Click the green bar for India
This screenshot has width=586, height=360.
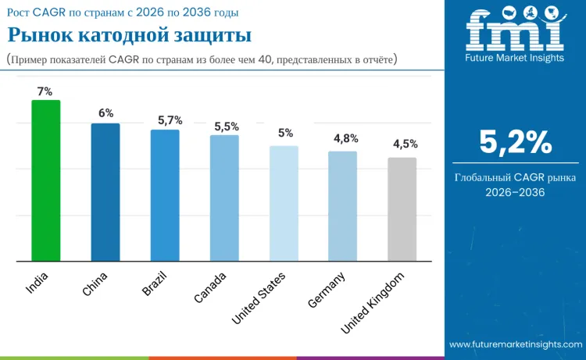coord(45,180)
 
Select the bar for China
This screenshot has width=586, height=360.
coord(105,192)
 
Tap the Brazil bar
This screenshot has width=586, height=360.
coord(165,195)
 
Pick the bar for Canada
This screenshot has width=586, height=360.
coord(224,198)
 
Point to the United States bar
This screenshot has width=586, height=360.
coord(284,203)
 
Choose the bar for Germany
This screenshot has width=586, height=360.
coord(343,206)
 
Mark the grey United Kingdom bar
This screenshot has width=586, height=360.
coord(402,209)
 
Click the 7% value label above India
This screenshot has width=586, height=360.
coord(45,91)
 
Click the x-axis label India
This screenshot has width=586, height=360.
coord(38,282)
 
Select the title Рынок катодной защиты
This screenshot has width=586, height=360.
coord(129,36)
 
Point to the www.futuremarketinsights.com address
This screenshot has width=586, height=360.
coord(515,344)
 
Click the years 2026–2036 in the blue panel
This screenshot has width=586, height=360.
coord(515,192)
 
